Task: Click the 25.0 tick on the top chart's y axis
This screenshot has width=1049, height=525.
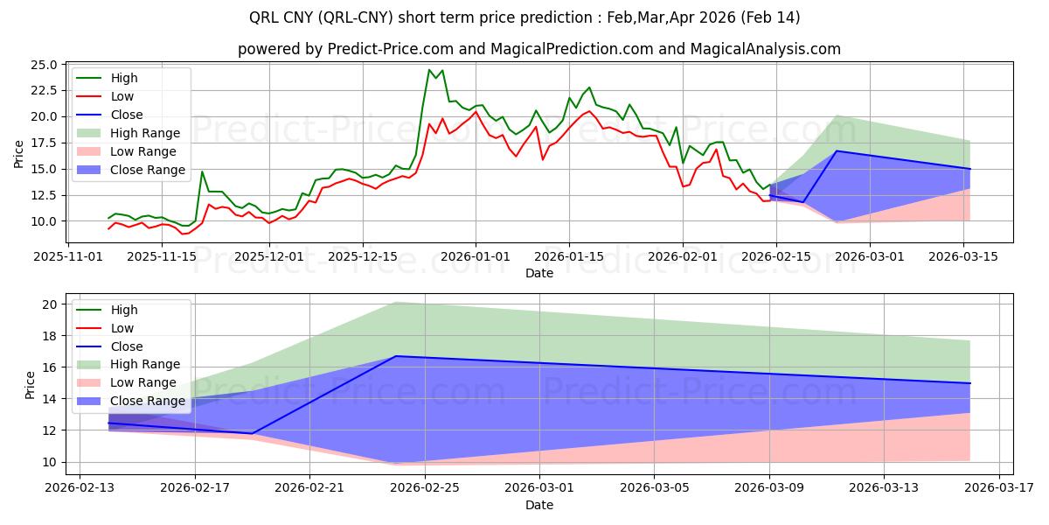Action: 45,65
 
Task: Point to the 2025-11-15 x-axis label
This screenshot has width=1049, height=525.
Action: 162,256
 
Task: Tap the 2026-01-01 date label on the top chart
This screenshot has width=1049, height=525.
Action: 476,256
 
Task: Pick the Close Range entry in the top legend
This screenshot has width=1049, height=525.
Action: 148,170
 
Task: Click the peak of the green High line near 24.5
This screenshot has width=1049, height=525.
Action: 429,70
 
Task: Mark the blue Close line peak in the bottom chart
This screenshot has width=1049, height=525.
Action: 397,356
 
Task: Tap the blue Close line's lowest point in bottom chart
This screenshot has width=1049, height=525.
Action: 253,433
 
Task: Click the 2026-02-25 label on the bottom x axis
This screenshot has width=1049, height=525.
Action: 425,488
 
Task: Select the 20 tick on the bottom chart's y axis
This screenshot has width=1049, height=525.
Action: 49,304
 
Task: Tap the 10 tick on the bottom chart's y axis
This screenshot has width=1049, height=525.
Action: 49,462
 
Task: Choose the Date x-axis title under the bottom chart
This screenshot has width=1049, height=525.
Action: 539,505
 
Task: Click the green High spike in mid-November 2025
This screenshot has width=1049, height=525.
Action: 202,171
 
